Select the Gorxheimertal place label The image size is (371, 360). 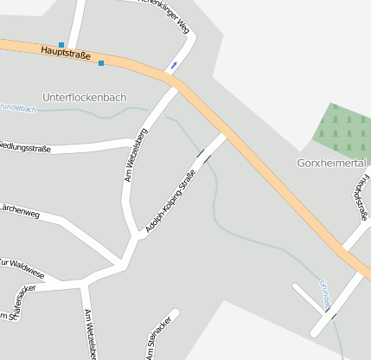click(x=331, y=163)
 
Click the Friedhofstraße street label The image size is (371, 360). click(x=361, y=197)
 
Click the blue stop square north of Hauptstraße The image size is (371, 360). click(x=61, y=44)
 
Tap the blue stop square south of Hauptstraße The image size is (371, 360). click(x=101, y=62)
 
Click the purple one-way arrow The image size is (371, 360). click(x=176, y=66)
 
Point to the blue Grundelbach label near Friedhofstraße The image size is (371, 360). click(x=325, y=293)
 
